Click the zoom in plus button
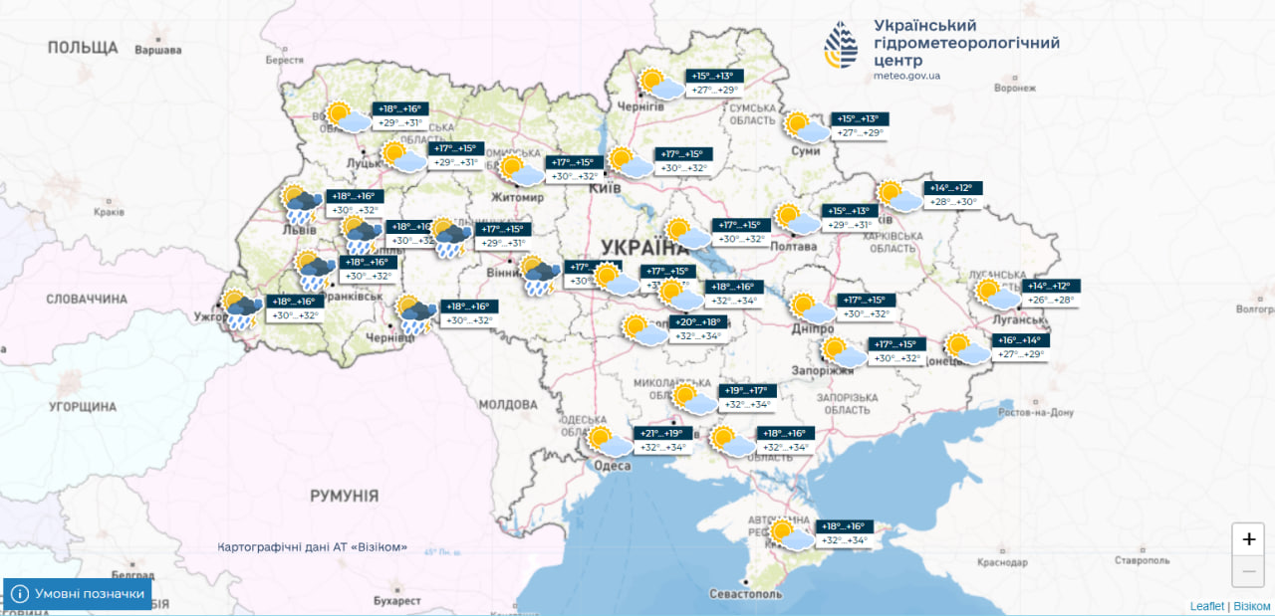[1248, 539]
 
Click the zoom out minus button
[1248, 571]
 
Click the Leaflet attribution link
[1206, 606]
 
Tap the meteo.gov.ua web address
[906, 76]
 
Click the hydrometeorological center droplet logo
[841, 45]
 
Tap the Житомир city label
[518, 197]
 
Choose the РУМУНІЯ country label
[344, 496]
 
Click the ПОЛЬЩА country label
[82, 48]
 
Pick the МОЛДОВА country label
[507, 405]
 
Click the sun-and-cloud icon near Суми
[806, 126]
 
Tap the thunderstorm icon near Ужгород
[242, 309]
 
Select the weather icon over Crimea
[790, 534]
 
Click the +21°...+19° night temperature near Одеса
[660, 433]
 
